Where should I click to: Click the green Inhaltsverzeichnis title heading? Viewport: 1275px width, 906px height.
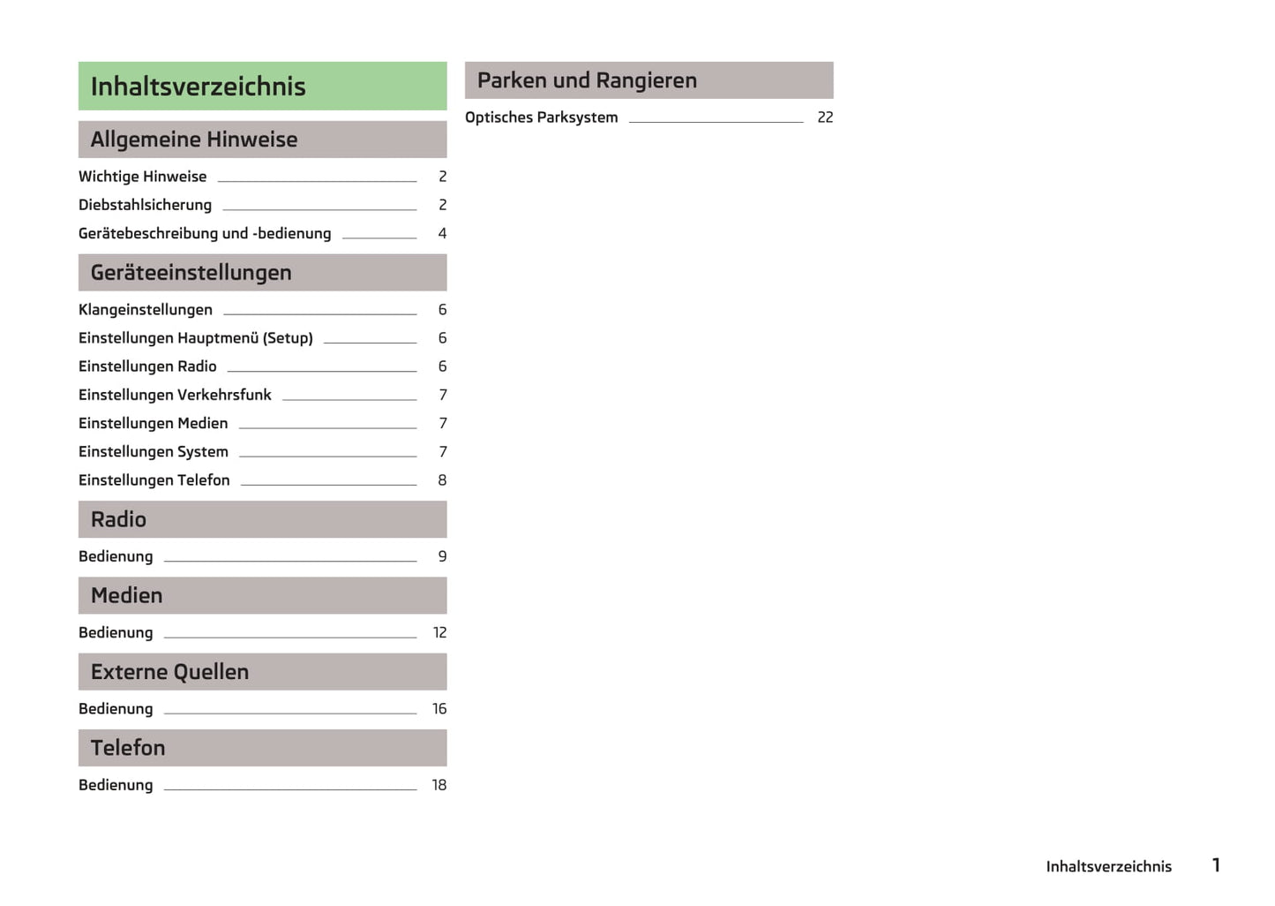pos(199,87)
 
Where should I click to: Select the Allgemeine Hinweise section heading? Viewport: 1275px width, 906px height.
pos(194,140)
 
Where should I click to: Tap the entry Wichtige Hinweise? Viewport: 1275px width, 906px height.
pos(143,177)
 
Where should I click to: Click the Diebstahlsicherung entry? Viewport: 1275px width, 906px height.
pos(146,205)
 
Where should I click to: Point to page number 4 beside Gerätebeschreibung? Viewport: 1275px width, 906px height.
pos(442,234)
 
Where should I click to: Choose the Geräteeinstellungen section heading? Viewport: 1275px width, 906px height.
pos(191,273)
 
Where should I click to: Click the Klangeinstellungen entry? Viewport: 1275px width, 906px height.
pos(146,310)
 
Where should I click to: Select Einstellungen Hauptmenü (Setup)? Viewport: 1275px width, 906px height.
pos(196,338)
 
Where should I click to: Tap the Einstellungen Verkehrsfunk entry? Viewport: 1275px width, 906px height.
pos(175,395)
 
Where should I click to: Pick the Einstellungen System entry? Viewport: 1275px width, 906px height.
pos(154,452)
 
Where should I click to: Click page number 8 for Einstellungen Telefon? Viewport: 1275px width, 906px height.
pos(442,480)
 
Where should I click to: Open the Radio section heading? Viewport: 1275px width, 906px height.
pos(119,519)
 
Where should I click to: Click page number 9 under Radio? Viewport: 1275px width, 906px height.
pos(442,556)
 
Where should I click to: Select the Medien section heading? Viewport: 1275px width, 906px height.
pos(127,595)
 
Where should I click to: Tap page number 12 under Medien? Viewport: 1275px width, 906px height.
pos(439,632)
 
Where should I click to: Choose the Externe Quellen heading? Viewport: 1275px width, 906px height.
pos(170,672)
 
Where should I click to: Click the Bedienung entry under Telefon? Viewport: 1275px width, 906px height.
pos(116,785)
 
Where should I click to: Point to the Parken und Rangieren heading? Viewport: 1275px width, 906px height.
pos(587,80)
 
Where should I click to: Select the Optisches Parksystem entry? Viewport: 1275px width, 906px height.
pos(542,117)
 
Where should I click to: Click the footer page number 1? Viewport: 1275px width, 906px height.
pos(1216,865)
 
